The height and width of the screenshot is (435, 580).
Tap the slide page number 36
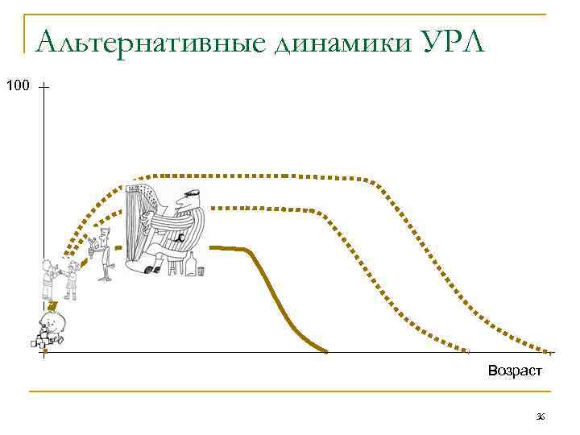(x=541, y=416)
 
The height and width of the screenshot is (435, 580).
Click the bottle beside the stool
(x=191, y=263)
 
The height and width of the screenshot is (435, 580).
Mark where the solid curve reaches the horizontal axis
(x=326, y=352)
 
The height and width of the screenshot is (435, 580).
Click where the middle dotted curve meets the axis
(x=467, y=352)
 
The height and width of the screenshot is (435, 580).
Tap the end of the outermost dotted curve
(x=551, y=352)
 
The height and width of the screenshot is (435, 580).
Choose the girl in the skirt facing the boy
(x=72, y=279)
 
